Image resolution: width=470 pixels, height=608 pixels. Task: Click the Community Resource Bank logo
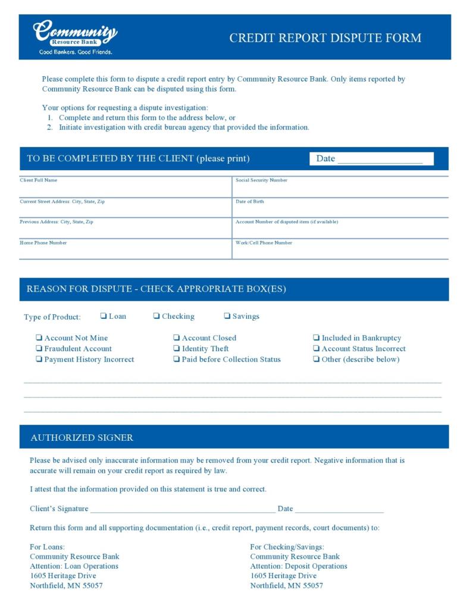tap(75, 37)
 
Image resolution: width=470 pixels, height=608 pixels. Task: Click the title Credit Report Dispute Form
tap(325, 38)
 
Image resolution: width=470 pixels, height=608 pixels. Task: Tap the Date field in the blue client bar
tap(380, 159)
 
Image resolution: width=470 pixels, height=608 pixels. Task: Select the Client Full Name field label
tap(39, 180)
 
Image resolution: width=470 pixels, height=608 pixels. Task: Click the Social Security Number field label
tap(261, 180)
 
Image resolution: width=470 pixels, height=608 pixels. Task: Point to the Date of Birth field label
tap(250, 202)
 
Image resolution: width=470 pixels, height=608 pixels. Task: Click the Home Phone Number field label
tap(43, 243)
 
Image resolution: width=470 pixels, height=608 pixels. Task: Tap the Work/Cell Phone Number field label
tap(264, 243)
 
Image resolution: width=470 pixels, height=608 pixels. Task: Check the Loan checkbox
tap(104, 316)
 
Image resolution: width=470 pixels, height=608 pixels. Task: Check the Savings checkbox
tap(227, 316)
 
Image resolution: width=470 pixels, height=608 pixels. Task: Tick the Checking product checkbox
tap(156, 316)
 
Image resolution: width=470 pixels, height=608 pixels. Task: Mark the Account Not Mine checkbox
tap(39, 338)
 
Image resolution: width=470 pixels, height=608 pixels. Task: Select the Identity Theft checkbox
tap(177, 349)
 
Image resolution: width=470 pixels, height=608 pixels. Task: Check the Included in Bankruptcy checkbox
tap(317, 338)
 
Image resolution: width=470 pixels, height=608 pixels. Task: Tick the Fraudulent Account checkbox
tap(39, 349)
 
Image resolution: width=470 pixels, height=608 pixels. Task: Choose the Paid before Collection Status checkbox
tap(177, 359)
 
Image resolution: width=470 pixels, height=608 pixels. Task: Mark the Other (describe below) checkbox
tap(317, 359)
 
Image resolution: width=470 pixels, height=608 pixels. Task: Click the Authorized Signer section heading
tap(82, 438)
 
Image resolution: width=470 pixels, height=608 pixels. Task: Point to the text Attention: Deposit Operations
tap(299, 566)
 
